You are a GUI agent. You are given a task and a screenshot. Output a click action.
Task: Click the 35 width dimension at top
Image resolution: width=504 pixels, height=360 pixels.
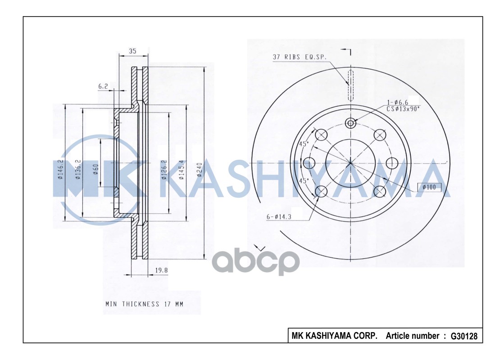point(132,51)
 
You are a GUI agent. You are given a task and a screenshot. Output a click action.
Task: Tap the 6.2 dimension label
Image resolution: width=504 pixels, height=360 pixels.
point(103,86)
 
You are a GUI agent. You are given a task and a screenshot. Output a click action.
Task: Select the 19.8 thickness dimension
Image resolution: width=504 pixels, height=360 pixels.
point(161,270)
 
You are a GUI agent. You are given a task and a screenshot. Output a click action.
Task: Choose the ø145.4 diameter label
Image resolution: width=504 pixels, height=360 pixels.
point(182,170)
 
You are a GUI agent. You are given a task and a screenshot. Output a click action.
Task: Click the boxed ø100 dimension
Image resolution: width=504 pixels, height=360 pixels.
point(429,187)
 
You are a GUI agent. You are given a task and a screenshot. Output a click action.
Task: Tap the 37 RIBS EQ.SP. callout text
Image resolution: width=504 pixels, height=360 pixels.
point(300,57)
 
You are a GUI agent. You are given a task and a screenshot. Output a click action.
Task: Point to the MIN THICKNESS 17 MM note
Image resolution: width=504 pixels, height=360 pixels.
point(144,304)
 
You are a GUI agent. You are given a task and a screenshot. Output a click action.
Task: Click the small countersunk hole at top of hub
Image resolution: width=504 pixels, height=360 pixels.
point(351,122)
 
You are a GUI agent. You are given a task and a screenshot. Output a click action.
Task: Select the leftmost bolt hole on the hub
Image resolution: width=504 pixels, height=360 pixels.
point(309,163)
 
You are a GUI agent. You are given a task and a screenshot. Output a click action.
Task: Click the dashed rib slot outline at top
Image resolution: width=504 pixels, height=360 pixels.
point(351,85)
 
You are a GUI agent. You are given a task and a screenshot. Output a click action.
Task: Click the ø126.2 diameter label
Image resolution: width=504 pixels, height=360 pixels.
point(164,170)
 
